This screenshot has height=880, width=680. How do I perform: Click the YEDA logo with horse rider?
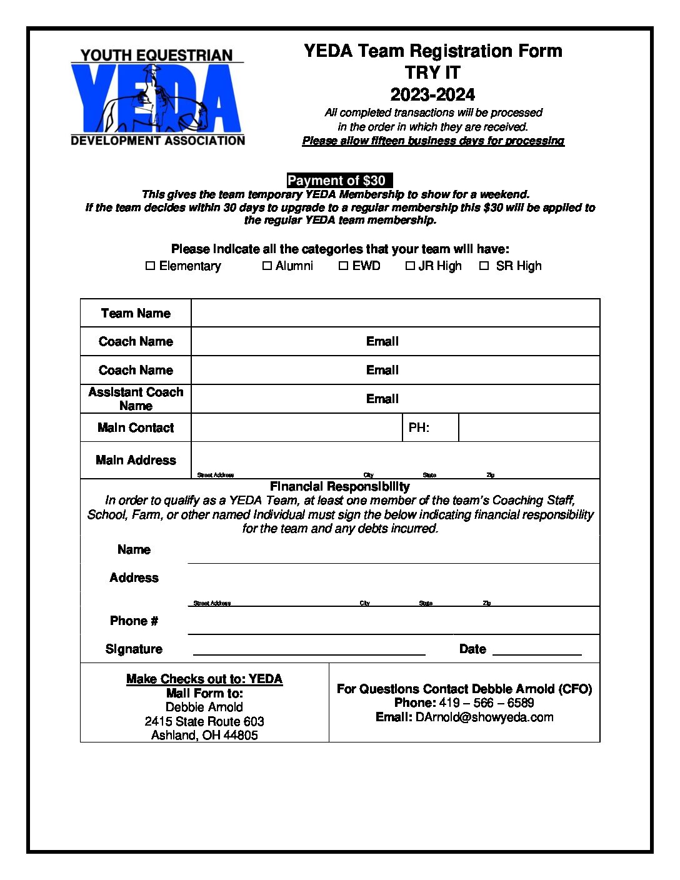[x=157, y=97]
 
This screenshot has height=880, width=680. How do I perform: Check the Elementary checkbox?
[x=150, y=266]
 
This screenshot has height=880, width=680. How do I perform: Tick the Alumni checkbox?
[x=267, y=266]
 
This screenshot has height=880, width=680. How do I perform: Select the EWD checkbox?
[x=343, y=266]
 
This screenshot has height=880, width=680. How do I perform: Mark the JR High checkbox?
[x=410, y=266]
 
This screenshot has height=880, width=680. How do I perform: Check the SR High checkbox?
[x=484, y=266]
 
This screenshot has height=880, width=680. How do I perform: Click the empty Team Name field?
[x=395, y=313]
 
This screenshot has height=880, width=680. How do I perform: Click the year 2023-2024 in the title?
[x=432, y=94]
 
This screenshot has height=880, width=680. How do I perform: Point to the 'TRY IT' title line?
[x=432, y=72]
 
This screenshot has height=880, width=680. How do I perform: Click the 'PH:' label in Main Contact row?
[x=419, y=428]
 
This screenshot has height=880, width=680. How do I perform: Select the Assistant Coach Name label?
[x=136, y=399]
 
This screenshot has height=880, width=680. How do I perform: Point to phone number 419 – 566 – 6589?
[x=486, y=702]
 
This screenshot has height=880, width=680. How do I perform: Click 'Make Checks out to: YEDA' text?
[x=204, y=679]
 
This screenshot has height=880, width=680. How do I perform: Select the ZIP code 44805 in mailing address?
[x=241, y=735]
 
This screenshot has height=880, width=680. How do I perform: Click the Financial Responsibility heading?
[x=340, y=486]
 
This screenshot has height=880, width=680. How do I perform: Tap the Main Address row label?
[x=136, y=460]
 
